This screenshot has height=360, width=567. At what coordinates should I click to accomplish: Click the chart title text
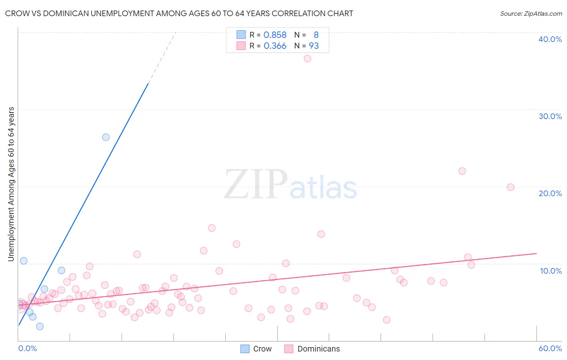[179, 13]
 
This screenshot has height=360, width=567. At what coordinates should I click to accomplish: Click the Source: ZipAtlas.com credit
[531, 13]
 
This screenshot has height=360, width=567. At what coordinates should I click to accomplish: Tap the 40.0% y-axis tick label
[550, 39]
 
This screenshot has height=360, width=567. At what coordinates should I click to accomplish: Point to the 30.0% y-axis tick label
[550, 116]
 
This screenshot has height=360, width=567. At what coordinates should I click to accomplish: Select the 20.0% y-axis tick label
[550, 193]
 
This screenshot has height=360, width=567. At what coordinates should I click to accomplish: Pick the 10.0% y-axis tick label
[551, 271]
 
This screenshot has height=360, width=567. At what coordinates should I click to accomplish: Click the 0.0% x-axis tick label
[27, 348]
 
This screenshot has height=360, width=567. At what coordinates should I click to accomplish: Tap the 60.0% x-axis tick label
[550, 348]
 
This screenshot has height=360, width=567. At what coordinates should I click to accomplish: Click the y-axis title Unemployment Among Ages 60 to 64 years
[11, 184]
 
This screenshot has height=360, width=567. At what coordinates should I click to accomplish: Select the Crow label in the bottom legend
[262, 349]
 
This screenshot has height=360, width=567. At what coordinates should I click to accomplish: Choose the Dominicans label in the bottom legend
[319, 349]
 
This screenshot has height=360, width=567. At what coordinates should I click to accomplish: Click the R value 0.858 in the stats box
[275, 35]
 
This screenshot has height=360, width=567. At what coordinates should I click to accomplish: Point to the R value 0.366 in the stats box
[275, 46]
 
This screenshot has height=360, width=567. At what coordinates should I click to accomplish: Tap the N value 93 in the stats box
[314, 46]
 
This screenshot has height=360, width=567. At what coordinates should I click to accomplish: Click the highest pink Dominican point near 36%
[307, 59]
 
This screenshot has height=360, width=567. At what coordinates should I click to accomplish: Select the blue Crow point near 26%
[106, 137]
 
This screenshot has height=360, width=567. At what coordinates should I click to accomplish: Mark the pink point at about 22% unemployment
[462, 171]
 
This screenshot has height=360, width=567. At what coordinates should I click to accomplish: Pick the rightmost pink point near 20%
[511, 187]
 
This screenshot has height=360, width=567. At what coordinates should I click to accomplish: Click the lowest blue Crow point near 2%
[40, 327]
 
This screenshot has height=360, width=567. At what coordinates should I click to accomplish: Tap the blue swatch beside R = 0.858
[241, 35]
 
